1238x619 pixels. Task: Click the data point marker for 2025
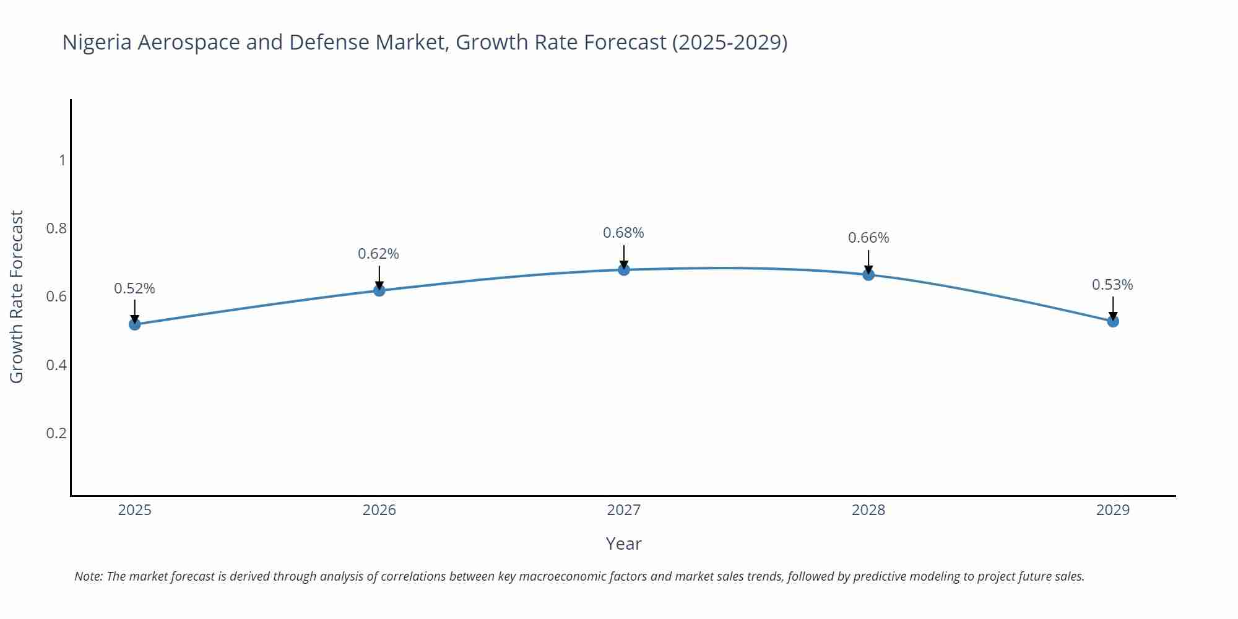click(x=135, y=324)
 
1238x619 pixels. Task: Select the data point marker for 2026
click(x=379, y=290)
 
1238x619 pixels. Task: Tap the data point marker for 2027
click(x=624, y=269)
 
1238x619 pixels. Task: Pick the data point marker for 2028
click(x=868, y=274)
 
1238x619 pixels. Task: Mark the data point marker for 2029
click(x=1113, y=321)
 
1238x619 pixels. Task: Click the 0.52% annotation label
click(x=135, y=288)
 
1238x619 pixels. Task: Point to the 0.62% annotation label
click(x=379, y=254)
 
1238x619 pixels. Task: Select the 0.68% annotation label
click(x=623, y=233)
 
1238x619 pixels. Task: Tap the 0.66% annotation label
click(x=868, y=238)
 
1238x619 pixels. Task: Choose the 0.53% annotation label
click(x=1112, y=285)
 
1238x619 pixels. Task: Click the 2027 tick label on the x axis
click(x=624, y=510)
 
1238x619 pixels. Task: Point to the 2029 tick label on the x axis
click(x=1113, y=510)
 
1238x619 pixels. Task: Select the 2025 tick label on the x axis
click(x=135, y=510)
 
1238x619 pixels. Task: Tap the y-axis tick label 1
click(x=62, y=160)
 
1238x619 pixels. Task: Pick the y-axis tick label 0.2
click(x=56, y=433)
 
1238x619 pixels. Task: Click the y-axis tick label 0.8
click(x=56, y=228)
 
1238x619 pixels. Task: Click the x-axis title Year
click(x=623, y=543)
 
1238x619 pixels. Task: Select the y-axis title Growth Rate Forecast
click(x=17, y=297)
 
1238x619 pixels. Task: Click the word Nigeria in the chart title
click(x=97, y=42)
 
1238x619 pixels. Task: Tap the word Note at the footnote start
click(x=88, y=576)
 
